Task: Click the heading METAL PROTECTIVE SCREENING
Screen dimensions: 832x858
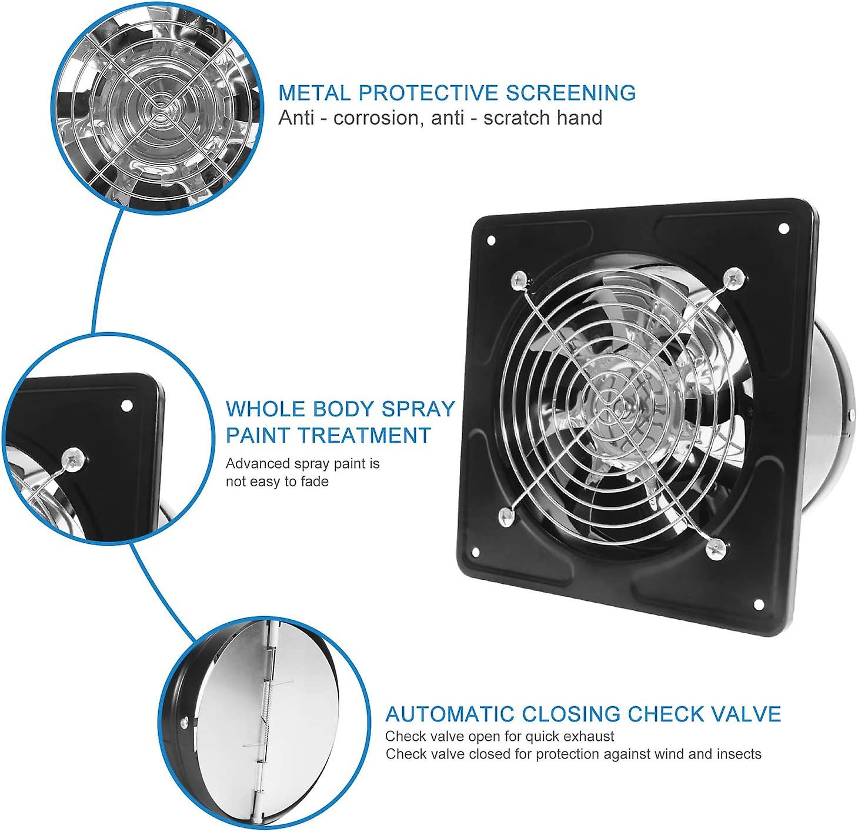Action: tap(457, 93)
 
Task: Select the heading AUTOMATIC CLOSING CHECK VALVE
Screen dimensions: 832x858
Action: tap(583, 714)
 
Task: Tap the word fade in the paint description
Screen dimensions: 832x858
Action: tap(315, 482)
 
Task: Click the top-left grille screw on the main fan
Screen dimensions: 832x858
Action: tap(519, 280)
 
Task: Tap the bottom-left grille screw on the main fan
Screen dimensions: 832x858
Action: tap(506, 517)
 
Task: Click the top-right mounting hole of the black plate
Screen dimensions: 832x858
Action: tap(783, 229)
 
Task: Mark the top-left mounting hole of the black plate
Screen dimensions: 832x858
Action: tap(492, 240)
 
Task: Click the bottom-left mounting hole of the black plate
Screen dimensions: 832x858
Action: tap(476, 553)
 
